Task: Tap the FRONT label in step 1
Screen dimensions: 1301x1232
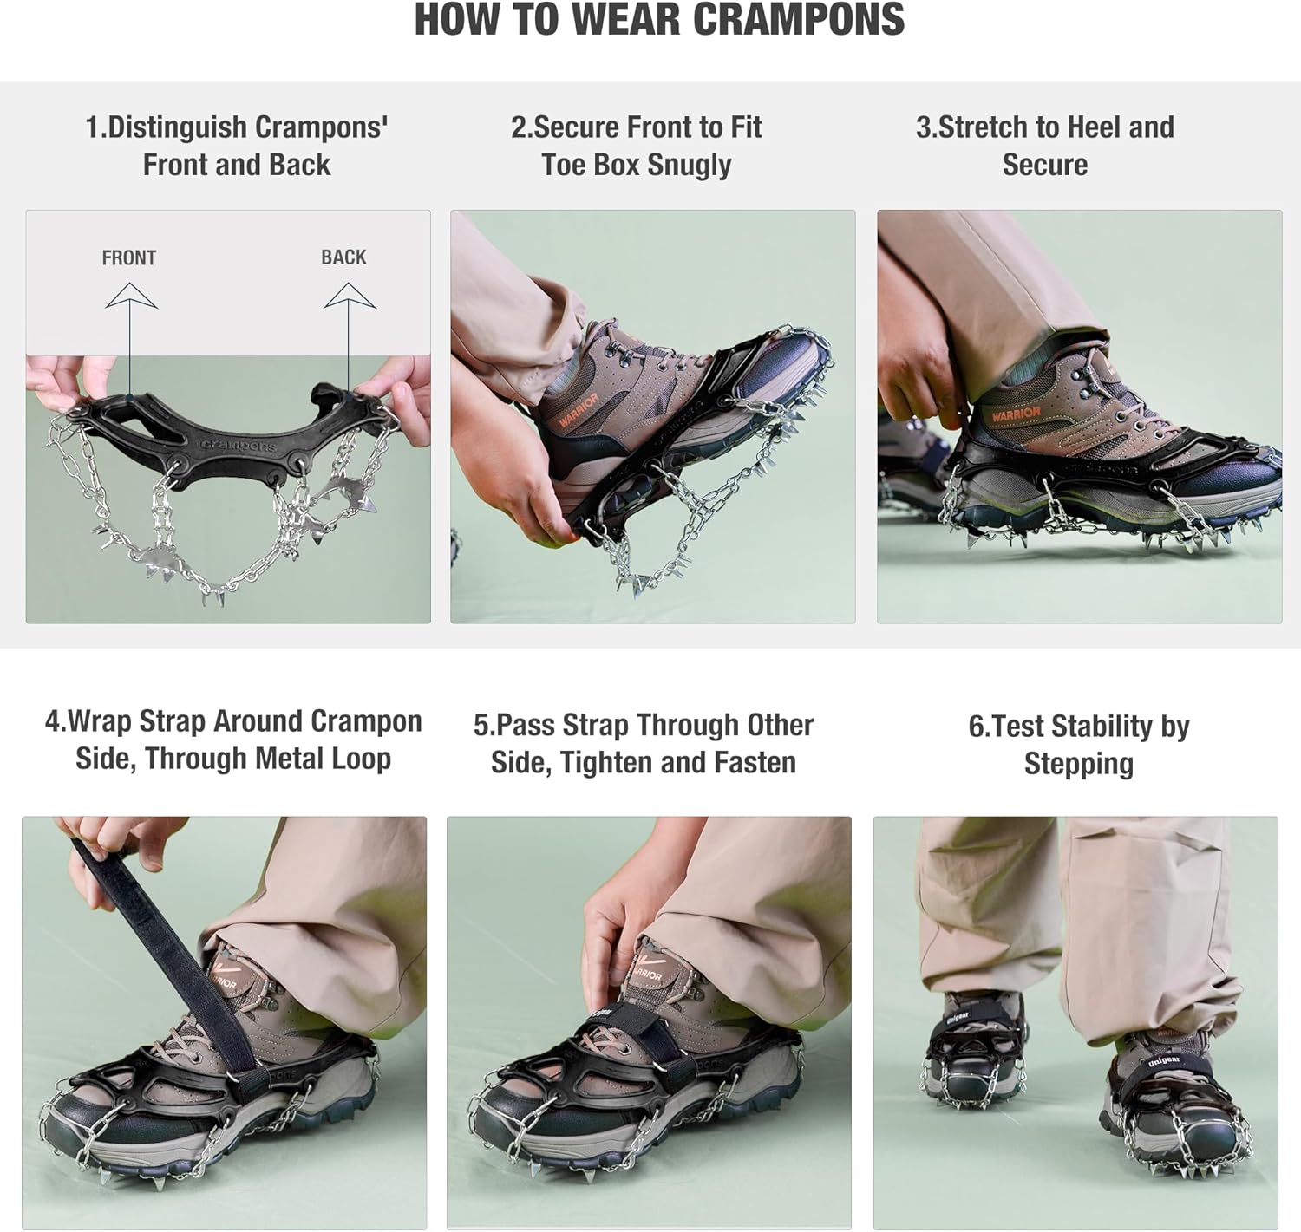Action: (x=129, y=257)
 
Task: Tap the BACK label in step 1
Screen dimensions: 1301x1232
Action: (x=343, y=257)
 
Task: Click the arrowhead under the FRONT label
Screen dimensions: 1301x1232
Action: (x=131, y=295)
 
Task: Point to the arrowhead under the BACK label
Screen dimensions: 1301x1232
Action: (x=350, y=295)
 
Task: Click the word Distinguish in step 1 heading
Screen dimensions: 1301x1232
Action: (x=178, y=127)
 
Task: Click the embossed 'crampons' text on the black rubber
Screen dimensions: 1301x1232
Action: (x=239, y=446)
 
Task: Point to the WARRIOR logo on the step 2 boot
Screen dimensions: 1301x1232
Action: (x=579, y=410)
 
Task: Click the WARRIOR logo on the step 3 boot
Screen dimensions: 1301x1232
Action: (x=1016, y=414)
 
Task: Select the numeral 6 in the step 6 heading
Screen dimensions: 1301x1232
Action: (x=976, y=727)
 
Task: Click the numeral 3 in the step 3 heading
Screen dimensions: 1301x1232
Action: (x=923, y=127)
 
